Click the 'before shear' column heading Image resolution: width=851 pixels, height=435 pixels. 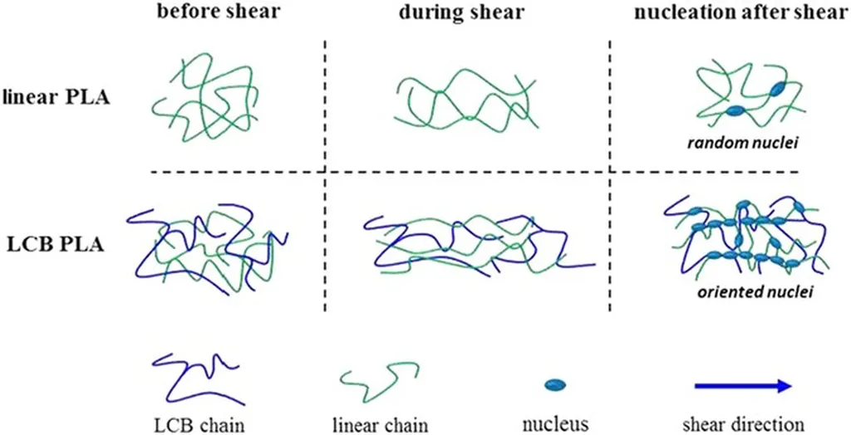point(219,12)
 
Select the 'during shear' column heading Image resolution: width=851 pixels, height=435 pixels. point(462,12)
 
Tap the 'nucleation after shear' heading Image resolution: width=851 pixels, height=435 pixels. point(740,12)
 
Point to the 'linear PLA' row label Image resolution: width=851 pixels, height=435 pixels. point(57,100)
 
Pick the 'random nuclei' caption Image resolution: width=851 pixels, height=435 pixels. point(748,144)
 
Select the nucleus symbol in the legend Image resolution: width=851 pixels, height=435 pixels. point(555,384)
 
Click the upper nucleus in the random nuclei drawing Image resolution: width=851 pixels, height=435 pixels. point(780,88)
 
